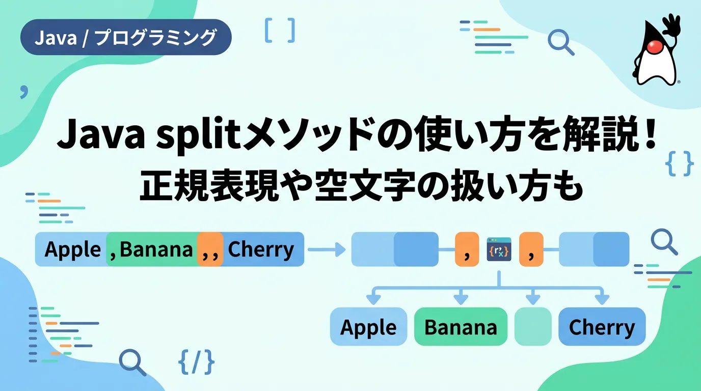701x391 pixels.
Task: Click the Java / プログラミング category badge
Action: click(x=126, y=37)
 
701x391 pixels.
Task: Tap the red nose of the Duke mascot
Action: click(x=655, y=47)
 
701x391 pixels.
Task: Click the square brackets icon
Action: click(x=280, y=30)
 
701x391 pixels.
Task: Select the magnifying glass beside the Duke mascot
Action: click(x=561, y=42)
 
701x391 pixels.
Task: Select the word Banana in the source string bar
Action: click(x=156, y=249)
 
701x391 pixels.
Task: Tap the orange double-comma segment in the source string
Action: click(x=210, y=249)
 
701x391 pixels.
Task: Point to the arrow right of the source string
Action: click(x=327, y=249)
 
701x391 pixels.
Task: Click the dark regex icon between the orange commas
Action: click(x=499, y=249)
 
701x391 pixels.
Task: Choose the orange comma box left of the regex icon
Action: click(x=467, y=249)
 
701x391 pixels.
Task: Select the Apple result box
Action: click(x=369, y=326)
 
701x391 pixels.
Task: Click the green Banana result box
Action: click(x=461, y=326)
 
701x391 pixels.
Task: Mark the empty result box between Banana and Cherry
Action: click(x=533, y=326)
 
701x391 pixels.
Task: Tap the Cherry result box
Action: click(x=602, y=326)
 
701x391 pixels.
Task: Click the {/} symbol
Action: click(x=197, y=362)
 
